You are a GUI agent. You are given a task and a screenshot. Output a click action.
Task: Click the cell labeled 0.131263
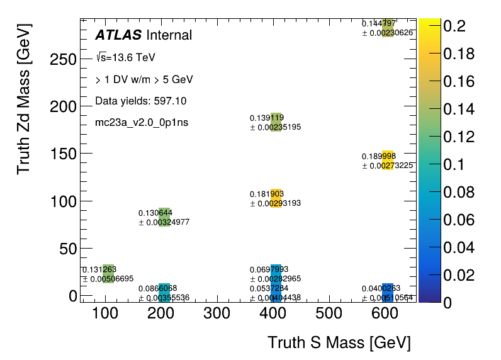(108, 274)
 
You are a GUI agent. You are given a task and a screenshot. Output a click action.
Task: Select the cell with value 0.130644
(164, 217)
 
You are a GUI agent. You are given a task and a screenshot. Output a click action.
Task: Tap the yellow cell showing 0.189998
(388, 160)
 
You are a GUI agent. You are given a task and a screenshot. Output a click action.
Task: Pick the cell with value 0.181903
(276, 198)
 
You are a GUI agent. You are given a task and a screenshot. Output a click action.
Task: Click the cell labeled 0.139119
(276, 122)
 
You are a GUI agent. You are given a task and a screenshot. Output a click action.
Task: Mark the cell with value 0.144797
(388, 28)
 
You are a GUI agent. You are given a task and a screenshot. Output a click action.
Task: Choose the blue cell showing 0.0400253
(388, 293)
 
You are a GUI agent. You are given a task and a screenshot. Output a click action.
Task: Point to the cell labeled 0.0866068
(164, 293)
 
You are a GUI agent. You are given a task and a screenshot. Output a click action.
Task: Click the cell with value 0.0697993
(276, 274)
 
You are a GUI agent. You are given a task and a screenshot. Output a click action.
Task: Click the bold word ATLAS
(118, 35)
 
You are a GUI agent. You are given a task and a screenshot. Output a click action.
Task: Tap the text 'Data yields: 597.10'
(140, 101)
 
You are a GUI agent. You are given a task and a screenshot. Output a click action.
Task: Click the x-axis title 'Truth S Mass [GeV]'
(339, 343)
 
